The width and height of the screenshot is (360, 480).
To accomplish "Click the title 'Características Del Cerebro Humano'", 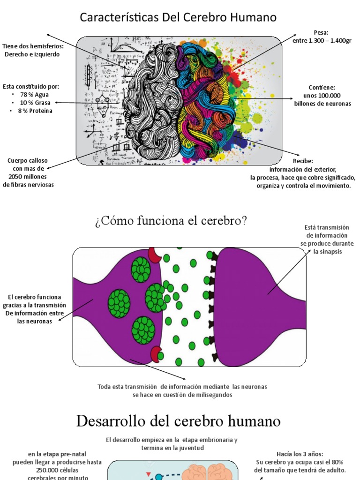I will click(178, 18).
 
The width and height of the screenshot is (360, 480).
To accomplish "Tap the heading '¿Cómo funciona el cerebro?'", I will click(171, 221).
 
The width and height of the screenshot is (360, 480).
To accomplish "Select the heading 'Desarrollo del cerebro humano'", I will click(178, 421).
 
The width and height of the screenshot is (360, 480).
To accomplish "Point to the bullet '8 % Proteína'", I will click(35, 111).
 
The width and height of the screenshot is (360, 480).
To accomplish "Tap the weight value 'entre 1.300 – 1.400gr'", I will click(322, 41).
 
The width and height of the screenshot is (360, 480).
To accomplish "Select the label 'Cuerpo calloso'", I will click(28, 161).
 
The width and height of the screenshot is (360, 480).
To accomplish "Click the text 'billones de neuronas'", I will click(322, 104).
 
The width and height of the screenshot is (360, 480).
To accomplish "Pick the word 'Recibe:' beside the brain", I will click(303, 161).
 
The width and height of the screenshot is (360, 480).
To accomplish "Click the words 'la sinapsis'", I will click(328, 252).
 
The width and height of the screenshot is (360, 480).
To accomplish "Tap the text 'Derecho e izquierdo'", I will click(32, 54).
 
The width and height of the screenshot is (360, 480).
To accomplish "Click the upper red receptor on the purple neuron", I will click(154, 255).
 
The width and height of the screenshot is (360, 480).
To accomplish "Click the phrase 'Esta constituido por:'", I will click(31, 87).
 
